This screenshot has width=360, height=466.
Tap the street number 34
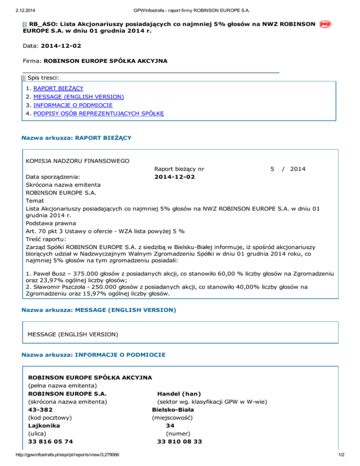pos(171,426)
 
